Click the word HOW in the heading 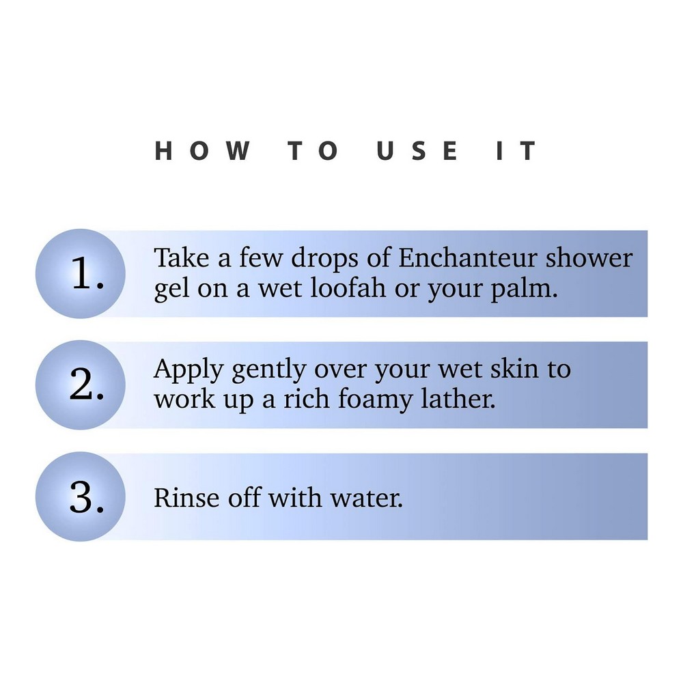click(203, 151)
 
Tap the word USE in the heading click(417, 151)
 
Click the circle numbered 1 click(81, 274)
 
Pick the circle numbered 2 click(81, 385)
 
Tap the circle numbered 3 click(81, 497)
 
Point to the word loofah click(348, 288)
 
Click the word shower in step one click(589, 257)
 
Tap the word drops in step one click(325, 259)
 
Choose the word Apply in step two click(189, 370)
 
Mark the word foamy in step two click(375, 400)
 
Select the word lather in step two click(458, 399)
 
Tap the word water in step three click(367, 499)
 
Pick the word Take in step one click(182, 257)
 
